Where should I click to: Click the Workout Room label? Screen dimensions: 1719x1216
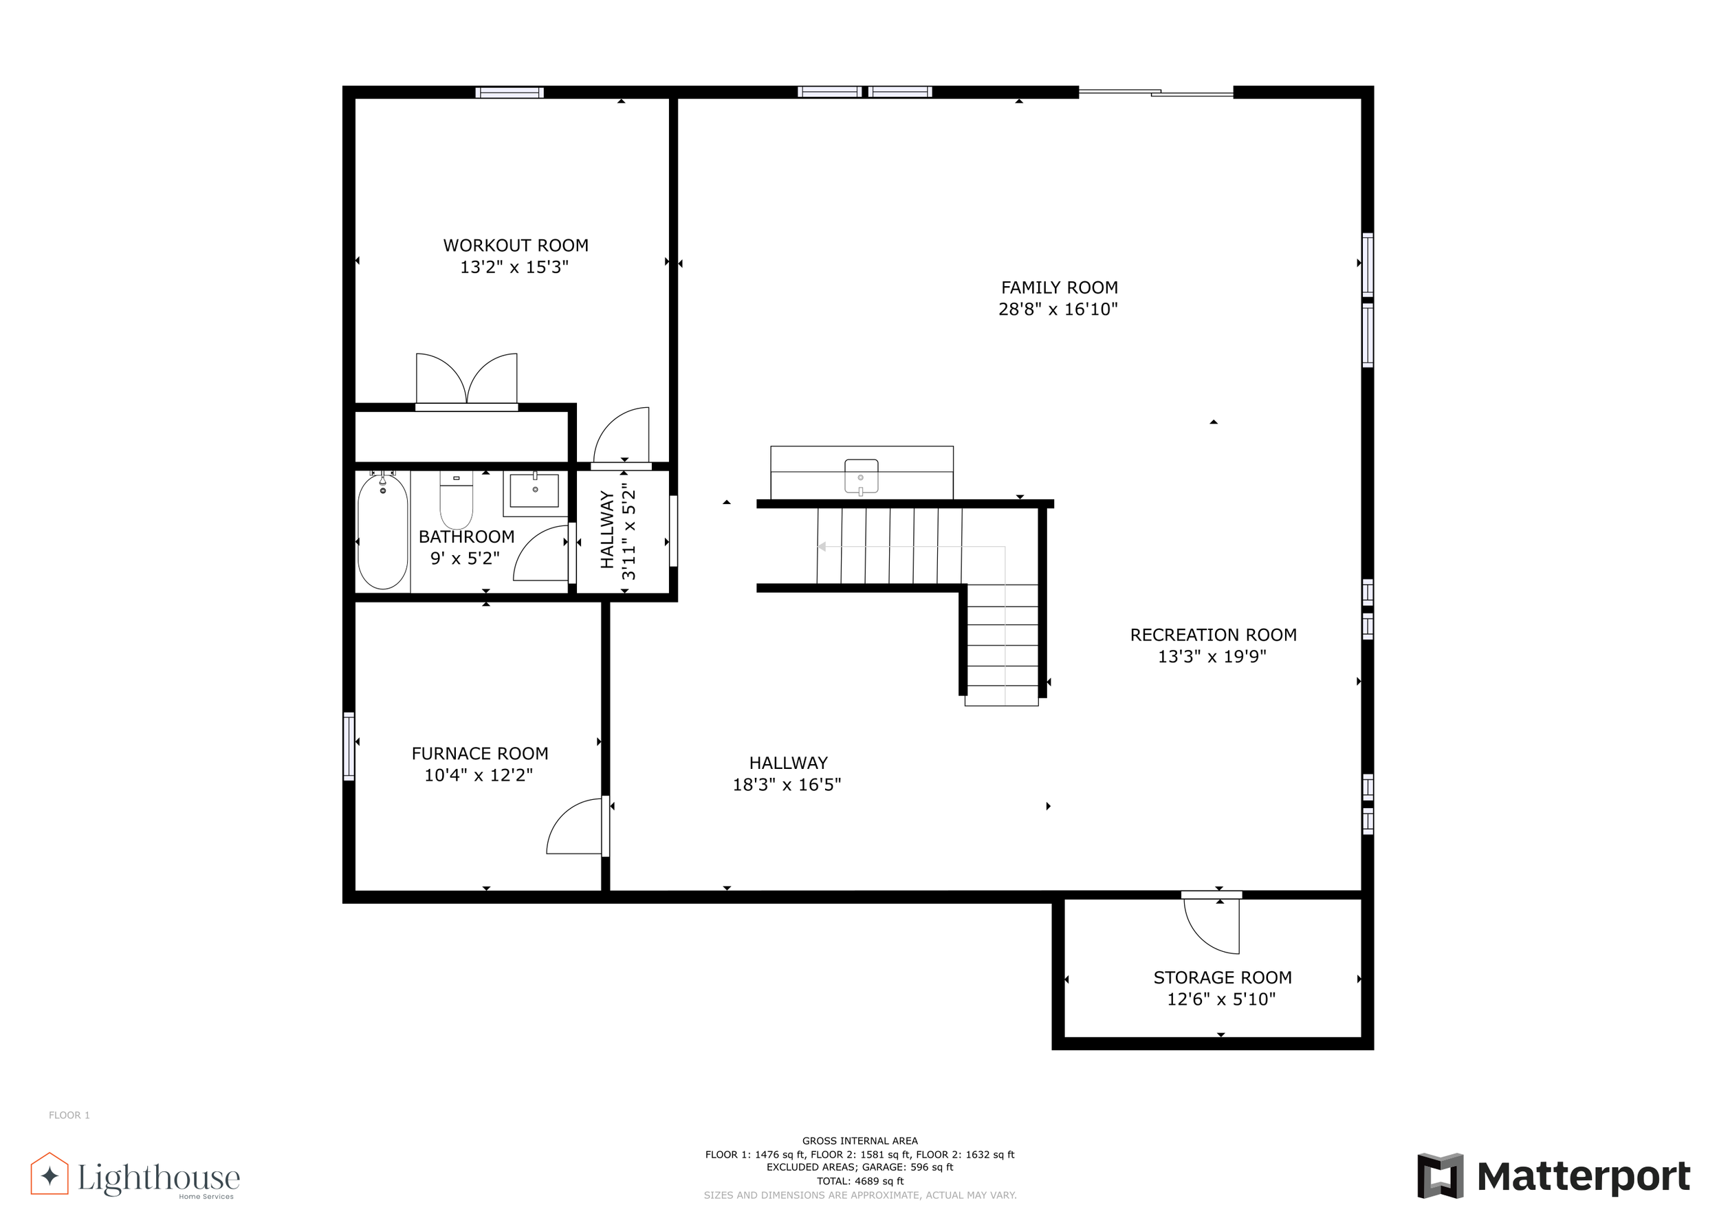pos(516,246)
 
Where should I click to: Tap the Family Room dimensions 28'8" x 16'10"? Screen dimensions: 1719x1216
pos(1058,310)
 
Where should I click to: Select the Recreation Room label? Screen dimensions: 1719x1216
pos(1213,635)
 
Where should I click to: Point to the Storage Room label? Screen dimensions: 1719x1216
pos(1223,978)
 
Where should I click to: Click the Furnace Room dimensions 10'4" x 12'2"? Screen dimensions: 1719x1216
pos(479,775)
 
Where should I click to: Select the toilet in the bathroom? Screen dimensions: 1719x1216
pos(456,500)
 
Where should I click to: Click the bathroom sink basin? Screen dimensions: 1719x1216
pos(534,490)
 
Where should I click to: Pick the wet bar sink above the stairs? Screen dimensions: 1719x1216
pos(861,477)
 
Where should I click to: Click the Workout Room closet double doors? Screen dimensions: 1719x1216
pos(466,379)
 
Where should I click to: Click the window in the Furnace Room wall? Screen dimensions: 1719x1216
pos(349,746)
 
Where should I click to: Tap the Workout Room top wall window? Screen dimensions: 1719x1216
pos(510,93)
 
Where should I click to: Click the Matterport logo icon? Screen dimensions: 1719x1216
pos(1441,1175)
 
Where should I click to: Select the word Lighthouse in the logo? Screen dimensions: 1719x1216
pos(159,1177)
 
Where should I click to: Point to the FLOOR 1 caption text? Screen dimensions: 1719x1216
pos(69,1115)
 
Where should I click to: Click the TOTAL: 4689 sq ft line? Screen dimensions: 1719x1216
pos(859,1181)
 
